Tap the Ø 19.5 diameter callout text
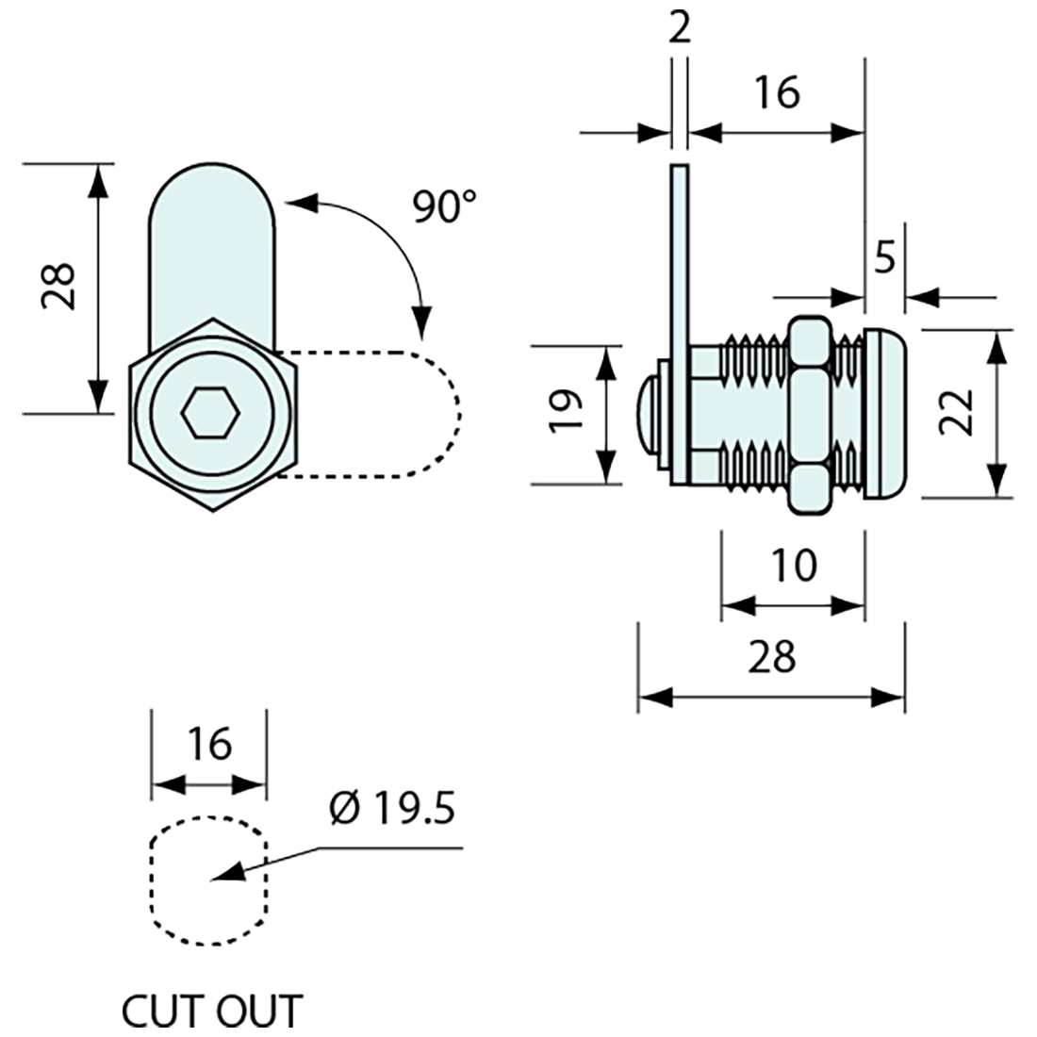pyautogui.click(x=392, y=808)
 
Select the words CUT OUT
pyautogui.click(x=211, y=1011)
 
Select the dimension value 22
pyautogui.click(x=957, y=413)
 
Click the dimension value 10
pyautogui.click(x=792, y=566)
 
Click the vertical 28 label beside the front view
pyautogui.click(x=58, y=286)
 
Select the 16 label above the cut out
pyautogui.click(x=208, y=745)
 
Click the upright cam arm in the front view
pyautogui.click(x=213, y=245)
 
